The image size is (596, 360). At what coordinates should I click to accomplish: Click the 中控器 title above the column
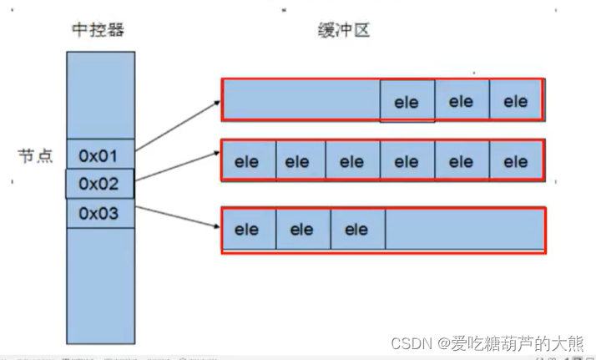click(98, 31)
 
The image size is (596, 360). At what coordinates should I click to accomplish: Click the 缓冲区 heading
click(342, 31)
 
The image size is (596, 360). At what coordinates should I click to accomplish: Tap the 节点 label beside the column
click(35, 155)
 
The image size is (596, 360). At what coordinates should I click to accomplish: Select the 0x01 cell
click(98, 155)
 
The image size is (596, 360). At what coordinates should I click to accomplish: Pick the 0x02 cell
click(98, 183)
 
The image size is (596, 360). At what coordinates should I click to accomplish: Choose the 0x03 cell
click(98, 213)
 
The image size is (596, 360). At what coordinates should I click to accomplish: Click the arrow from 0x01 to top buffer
click(178, 125)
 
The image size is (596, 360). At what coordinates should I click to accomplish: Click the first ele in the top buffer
click(407, 102)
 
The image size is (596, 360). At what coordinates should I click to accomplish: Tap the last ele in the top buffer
click(516, 101)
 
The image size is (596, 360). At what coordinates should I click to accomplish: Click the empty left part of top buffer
click(301, 100)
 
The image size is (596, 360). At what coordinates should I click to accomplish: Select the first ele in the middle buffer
click(248, 161)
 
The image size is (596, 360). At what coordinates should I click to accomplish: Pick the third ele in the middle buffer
click(351, 161)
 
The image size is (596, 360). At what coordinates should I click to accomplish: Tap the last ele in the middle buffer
click(516, 161)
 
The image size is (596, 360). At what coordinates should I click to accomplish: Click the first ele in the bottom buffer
click(248, 229)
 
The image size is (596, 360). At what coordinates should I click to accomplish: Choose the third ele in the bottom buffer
click(356, 229)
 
